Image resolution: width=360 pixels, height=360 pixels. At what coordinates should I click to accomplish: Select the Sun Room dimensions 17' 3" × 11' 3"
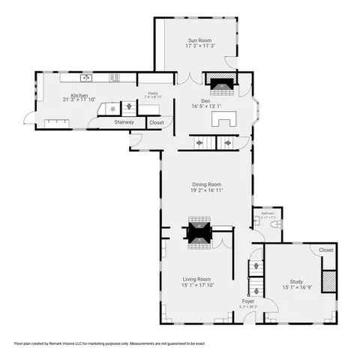199,46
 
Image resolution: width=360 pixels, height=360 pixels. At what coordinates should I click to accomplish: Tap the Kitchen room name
79,95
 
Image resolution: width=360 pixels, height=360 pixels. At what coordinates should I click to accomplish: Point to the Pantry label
152,92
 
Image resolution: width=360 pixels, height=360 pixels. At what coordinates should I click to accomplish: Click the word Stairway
124,122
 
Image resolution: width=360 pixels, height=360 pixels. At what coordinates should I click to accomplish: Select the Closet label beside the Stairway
156,122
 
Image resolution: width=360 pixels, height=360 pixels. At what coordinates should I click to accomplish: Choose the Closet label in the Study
326,250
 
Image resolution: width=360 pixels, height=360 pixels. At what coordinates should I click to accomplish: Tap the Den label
205,100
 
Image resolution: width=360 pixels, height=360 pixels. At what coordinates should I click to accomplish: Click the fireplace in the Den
221,84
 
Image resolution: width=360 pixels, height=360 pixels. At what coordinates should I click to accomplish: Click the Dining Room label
205,184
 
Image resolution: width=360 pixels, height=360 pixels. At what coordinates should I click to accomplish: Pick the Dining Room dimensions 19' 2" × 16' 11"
205,190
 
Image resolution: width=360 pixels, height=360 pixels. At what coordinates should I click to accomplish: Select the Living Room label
196,279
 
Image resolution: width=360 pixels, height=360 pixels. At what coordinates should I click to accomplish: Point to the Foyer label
248,301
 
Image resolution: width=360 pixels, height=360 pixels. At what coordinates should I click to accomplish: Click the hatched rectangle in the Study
327,280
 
